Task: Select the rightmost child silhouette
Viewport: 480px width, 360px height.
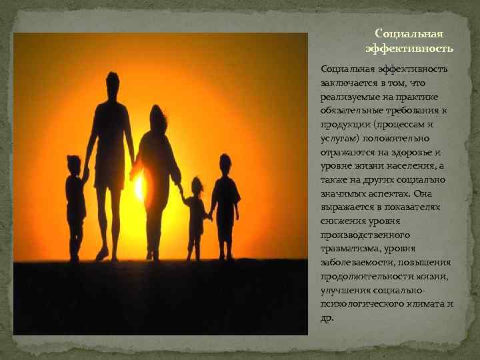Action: [x=225, y=203]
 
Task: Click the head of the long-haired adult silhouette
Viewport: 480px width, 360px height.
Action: [x=158, y=118]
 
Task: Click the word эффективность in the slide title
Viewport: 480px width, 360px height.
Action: [x=409, y=49]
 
